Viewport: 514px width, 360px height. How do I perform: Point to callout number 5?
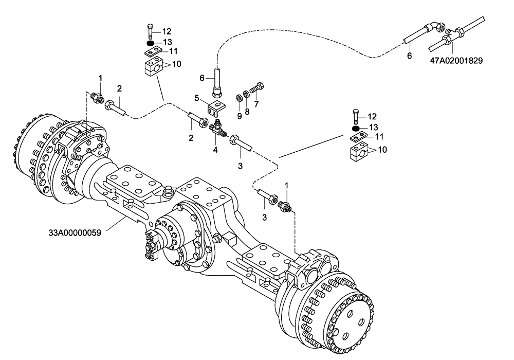(196, 98)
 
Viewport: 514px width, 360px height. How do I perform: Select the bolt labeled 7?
(255, 88)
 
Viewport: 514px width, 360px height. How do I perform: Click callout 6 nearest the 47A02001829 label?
(410, 56)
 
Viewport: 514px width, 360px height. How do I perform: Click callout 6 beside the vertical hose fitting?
(203, 77)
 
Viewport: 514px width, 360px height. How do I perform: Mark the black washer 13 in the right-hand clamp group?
(356, 128)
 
